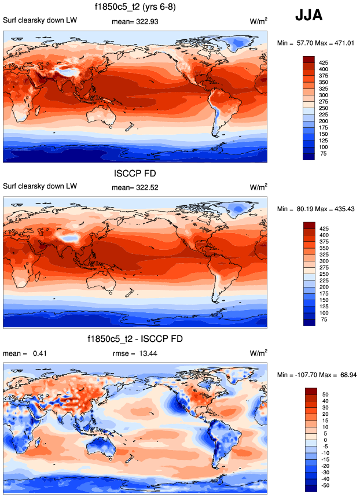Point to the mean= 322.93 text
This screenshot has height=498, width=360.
click(x=135, y=21)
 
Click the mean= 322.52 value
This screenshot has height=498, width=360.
click(x=135, y=187)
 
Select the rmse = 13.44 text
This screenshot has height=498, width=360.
click(x=135, y=353)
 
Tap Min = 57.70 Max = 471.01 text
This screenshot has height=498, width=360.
click(x=316, y=43)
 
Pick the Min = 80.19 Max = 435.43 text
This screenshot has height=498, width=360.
click(x=316, y=209)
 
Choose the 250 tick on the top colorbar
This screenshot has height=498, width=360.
click(x=324, y=108)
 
